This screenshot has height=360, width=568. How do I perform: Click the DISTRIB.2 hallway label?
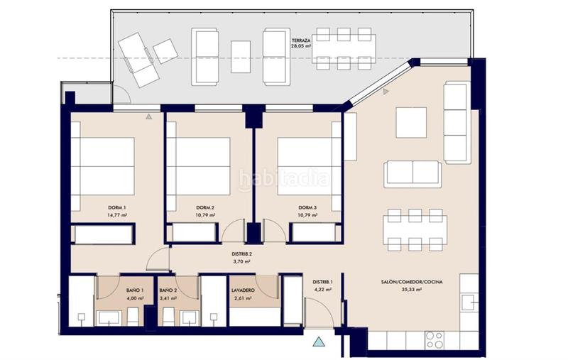[x=244, y=253]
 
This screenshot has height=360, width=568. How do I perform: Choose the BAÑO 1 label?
[x=135, y=290]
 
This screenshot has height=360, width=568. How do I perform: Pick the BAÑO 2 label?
[x=168, y=290]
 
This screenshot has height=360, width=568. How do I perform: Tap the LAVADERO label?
[x=242, y=290]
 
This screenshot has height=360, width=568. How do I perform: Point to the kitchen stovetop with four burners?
[x=434, y=338]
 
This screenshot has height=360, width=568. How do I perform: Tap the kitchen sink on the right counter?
[x=469, y=302]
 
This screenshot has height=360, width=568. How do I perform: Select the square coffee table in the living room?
[x=411, y=122]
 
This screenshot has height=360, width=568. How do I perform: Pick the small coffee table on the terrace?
[x=241, y=52]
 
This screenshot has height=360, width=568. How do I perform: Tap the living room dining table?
[x=415, y=230]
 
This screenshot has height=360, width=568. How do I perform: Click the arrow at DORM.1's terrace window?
[x=149, y=115]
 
